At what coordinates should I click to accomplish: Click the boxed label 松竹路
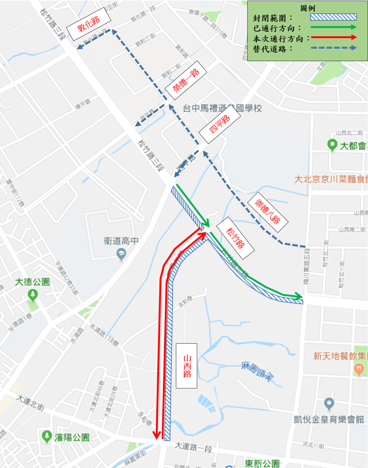(235, 238)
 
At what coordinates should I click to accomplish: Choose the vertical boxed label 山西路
(187, 366)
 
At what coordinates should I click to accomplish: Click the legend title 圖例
(308, 8)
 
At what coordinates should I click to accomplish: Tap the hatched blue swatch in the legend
(333, 17)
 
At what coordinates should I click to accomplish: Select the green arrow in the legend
(333, 27)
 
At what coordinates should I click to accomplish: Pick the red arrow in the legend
(333, 37)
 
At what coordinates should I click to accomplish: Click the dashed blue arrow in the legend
(333, 48)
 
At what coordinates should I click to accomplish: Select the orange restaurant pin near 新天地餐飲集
(359, 369)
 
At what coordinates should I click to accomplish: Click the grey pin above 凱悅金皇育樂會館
(329, 404)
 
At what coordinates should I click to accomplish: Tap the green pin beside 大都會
(332, 145)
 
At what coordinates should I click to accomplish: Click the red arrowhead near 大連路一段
(157, 435)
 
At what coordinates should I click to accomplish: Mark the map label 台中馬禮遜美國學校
(222, 108)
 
